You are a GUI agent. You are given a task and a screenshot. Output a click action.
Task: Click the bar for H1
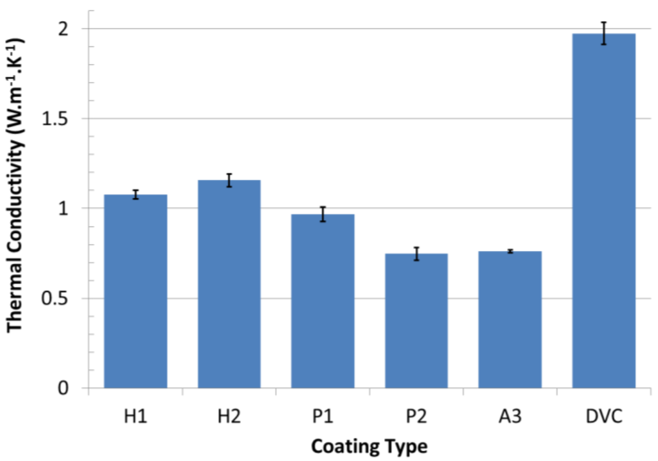click(136, 292)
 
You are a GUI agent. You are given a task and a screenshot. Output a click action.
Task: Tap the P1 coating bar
click(323, 302)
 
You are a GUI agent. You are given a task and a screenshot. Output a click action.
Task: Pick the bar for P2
click(416, 321)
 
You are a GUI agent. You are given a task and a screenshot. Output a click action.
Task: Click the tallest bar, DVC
click(603, 212)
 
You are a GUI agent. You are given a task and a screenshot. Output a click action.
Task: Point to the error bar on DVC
click(603, 33)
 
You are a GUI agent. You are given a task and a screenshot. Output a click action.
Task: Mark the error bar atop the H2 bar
click(229, 180)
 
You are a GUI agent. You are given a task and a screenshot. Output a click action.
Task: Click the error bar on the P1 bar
click(323, 214)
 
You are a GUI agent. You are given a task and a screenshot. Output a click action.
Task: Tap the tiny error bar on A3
click(510, 251)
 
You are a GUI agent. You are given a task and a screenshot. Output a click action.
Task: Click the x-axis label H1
click(136, 415)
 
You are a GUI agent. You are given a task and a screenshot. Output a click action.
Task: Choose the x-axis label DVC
click(603, 415)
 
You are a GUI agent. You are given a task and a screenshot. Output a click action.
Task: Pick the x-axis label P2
click(416, 415)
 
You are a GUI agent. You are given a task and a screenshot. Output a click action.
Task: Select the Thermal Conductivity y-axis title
click(18, 185)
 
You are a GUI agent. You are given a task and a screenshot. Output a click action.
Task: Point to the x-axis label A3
click(510, 415)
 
